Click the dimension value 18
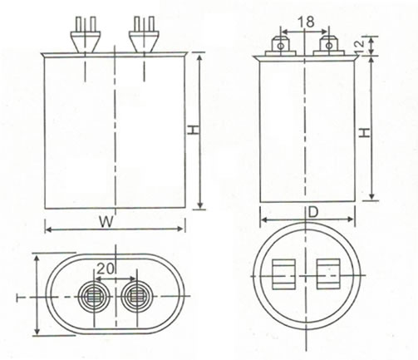pos(306,22)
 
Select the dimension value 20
pos(106,268)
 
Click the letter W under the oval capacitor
pos(106,222)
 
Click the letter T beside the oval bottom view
pos(20,298)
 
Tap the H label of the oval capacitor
pos(194,130)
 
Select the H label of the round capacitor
pos(365,133)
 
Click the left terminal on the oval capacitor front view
pos(86,34)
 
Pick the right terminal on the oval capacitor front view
pos(144,34)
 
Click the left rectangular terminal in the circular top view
pos(283,274)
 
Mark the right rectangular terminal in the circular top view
pos(328,274)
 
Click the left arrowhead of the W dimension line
pos(48,229)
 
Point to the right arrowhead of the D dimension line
pos(350,219)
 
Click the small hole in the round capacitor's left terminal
pos(281,46)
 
